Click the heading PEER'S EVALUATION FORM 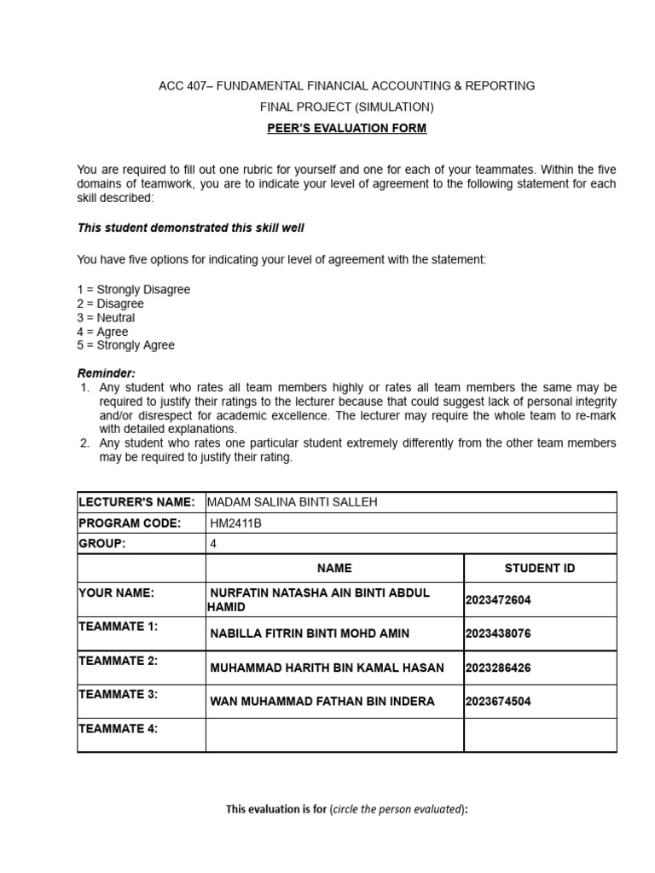pos(347,129)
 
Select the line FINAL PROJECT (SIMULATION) pos(347,107)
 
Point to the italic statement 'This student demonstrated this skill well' pos(190,228)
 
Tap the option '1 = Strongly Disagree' pos(133,290)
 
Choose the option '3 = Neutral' pos(106,318)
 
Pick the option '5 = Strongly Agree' pos(125,345)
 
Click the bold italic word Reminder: pos(107,373)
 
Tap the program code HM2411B pos(235,523)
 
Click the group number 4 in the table pos(213,544)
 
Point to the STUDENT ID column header pos(540,568)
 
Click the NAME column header pos(334,568)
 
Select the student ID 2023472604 pos(498,600)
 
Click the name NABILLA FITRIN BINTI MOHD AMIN pos(310,633)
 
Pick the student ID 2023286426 pos(498,668)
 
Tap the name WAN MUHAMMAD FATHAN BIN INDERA pos(322,702)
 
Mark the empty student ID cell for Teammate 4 pos(540,735)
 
